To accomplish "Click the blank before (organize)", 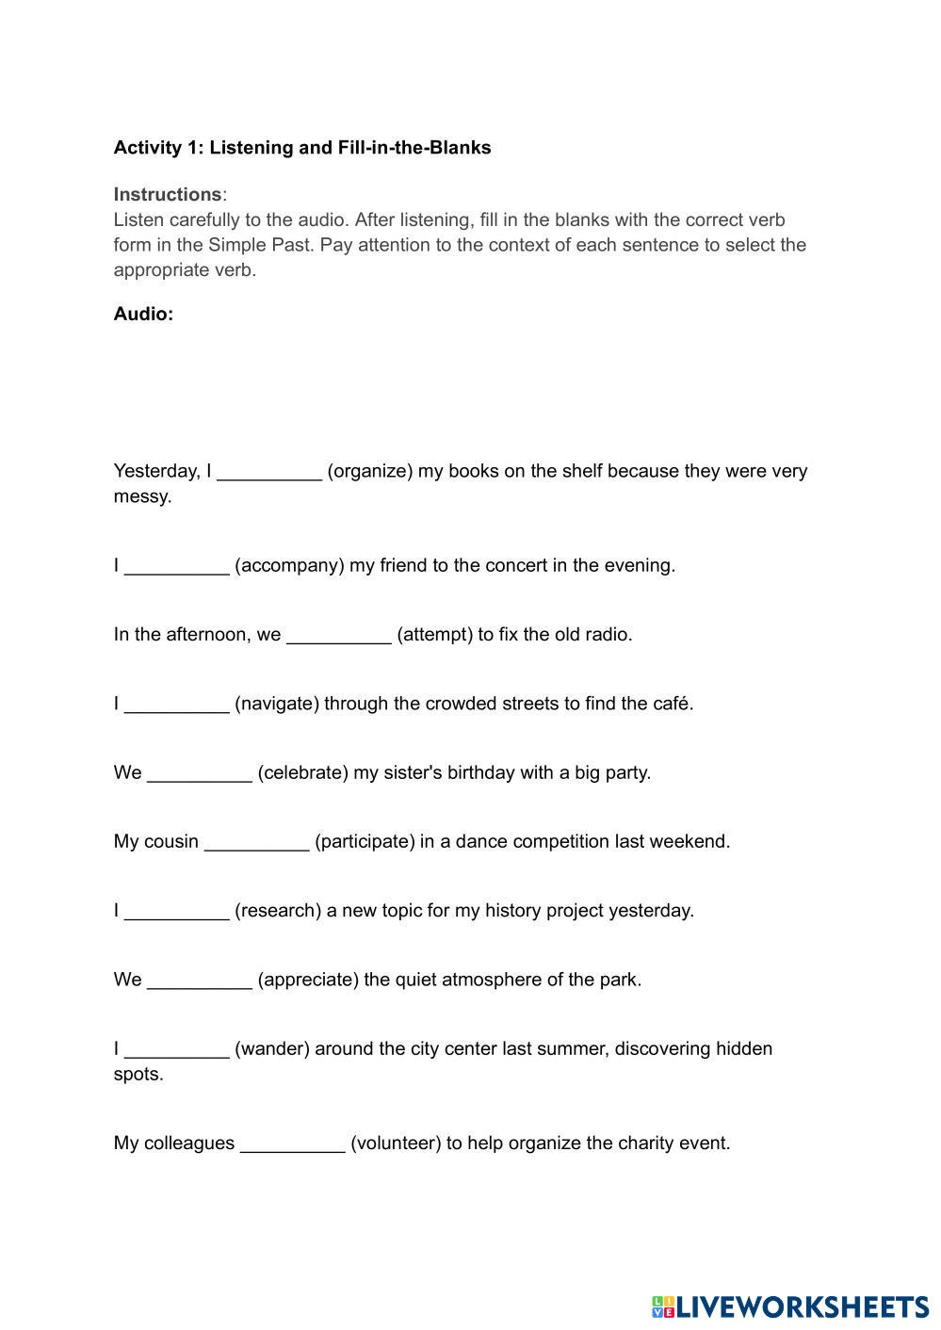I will point(269,472).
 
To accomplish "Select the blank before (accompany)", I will point(176,566).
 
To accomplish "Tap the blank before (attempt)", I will point(338,635).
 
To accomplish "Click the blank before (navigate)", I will point(176,705).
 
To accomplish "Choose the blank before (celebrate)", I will point(200,773).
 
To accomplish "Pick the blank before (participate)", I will point(256,842).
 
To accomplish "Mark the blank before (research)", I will point(176,911).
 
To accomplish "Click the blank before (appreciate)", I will point(200,981).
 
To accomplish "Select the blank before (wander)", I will point(176,1049).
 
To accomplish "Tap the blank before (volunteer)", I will point(292,1143).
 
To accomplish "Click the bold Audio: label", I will point(143,315).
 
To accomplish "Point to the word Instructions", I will point(168,195).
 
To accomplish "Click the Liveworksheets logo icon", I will point(663,1306).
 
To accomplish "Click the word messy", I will point(142,496).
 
